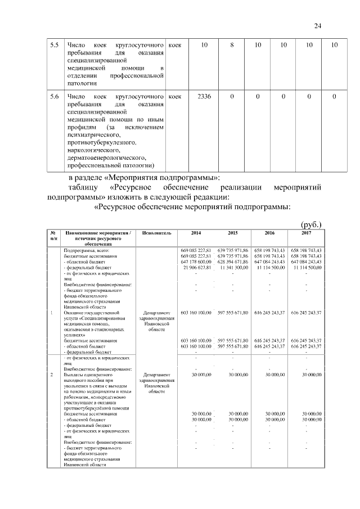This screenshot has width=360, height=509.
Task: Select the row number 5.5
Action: coord(54,44)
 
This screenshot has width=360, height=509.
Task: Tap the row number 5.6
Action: coord(54,97)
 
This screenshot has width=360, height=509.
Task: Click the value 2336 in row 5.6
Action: coord(204,97)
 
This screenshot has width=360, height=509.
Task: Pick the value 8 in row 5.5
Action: coord(232,44)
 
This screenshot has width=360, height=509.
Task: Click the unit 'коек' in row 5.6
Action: coord(175,97)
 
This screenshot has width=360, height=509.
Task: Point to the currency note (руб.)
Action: coord(312,224)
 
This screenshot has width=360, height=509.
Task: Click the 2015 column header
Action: coord(233,233)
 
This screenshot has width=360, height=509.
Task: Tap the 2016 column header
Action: coord(269,233)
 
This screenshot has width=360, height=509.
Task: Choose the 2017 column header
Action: coord(306,233)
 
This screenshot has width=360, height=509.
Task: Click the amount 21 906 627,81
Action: coord(196,268)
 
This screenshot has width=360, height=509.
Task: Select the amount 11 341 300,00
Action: coord(233,268)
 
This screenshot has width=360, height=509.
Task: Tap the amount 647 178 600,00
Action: coord(196,262)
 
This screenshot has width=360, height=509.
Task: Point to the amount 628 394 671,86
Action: coord(233,262)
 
